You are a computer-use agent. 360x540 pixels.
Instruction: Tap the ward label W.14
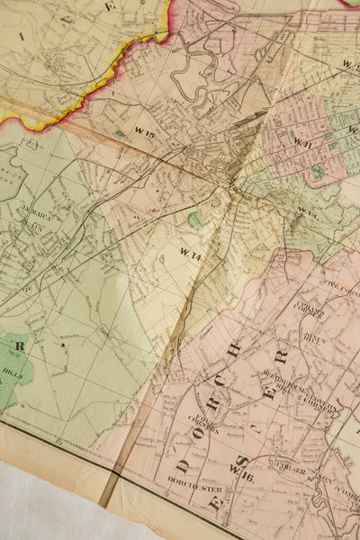[190, 251]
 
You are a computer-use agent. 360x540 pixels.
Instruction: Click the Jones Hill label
[313, 339]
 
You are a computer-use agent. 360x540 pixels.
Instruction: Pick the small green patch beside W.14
[195, 220]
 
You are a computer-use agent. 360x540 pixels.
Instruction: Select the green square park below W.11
[317, 169]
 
